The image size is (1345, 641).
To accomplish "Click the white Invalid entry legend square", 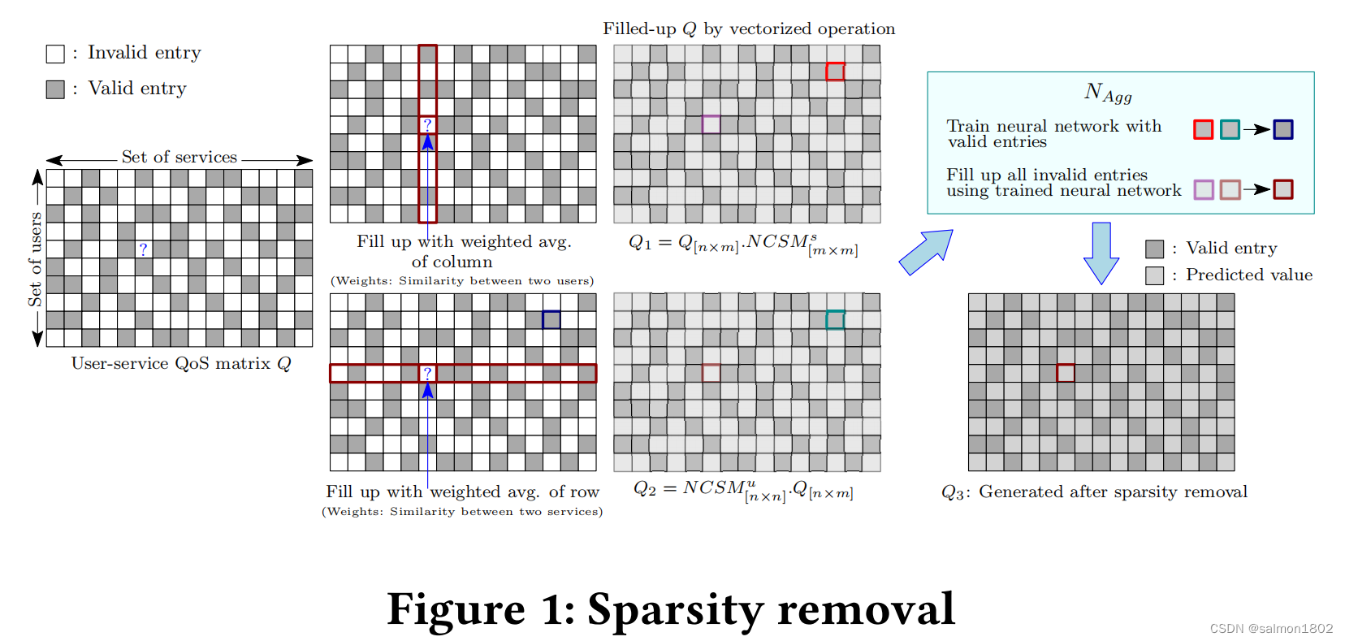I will [x=55, y=54].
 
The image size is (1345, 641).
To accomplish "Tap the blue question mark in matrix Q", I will [x=143, y=249].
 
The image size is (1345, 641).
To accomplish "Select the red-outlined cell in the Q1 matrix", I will [x=835, y=71].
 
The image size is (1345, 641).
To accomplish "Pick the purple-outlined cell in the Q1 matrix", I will [x=711, y=124].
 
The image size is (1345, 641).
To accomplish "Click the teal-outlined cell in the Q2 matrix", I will [x=835, y=320].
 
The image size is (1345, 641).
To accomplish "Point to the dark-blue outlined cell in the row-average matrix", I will [x=551, y=319].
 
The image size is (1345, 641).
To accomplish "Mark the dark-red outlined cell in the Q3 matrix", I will [x=1066, y=373].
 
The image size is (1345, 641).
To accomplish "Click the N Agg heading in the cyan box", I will [x=1108, y=93].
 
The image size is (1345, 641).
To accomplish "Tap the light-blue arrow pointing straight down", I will [x=1101, y=253].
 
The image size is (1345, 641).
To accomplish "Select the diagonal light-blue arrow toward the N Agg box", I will [x=926, y=252].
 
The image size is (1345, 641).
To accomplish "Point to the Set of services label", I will [x=179, y=157].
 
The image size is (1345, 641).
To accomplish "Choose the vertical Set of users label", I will [x=35, y=258].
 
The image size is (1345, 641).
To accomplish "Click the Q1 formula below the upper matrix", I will [x=743, y=244].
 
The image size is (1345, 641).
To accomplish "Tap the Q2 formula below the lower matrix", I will [x=743, y=490].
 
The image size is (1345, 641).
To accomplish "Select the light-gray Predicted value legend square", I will [x=1154, y=275].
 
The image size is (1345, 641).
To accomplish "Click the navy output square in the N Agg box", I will [x=1283, y=129].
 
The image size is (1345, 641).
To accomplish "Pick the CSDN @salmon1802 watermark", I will [x=1271, y=628].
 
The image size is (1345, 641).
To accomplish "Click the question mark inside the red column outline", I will [x=427, y=125].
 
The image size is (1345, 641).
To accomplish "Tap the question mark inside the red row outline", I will [x=427, y=373].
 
